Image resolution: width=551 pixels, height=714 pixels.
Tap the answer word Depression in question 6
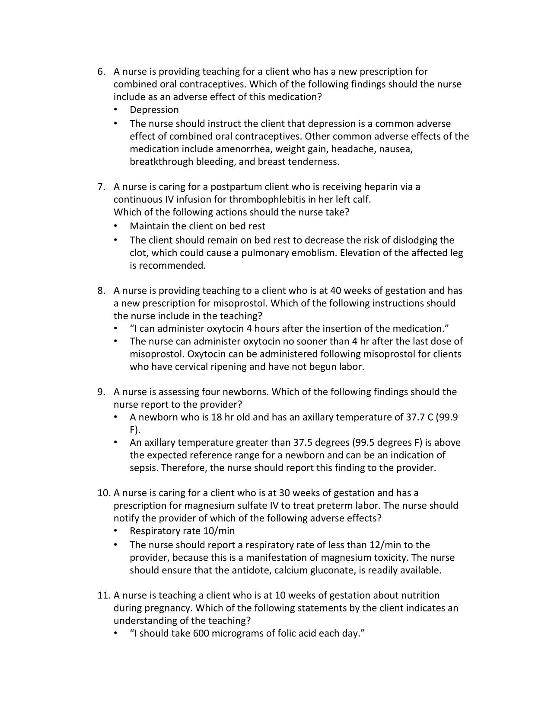point(154,110)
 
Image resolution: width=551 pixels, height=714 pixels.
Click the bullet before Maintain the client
point(115,226)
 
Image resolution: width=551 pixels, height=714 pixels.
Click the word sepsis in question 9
point(143,468)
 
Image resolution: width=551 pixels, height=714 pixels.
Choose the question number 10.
point(104,493)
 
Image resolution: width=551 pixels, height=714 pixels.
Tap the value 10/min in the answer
point(220,531)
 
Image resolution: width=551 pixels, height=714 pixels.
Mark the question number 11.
point(104,595)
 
